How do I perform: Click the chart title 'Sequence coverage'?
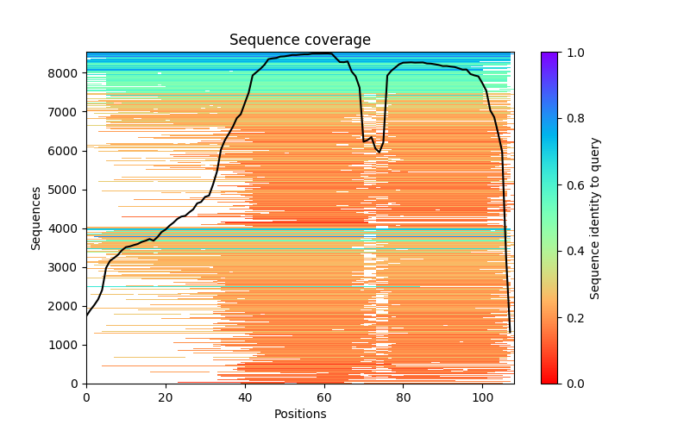click(x=299, y=41)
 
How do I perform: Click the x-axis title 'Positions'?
click(x=299, y=414)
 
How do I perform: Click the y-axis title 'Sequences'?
click(x=36, y=217)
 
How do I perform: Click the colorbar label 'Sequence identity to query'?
click(x=595, y=217)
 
